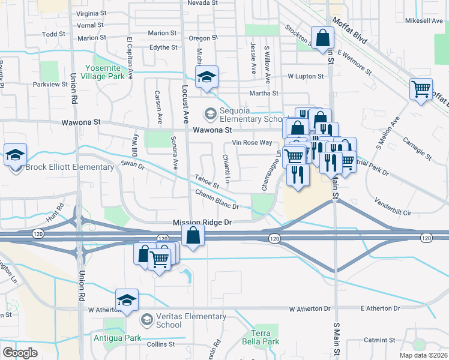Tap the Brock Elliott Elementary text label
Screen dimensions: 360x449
point(70,167)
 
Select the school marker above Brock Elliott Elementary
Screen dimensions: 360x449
point(15,155)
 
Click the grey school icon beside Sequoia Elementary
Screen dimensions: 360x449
point(210,112)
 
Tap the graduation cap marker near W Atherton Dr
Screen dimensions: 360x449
point(127,300)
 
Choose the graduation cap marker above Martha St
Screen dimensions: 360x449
point(206,77)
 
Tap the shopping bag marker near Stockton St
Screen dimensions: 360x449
point(322,38)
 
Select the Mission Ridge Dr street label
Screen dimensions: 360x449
point(202,222)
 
